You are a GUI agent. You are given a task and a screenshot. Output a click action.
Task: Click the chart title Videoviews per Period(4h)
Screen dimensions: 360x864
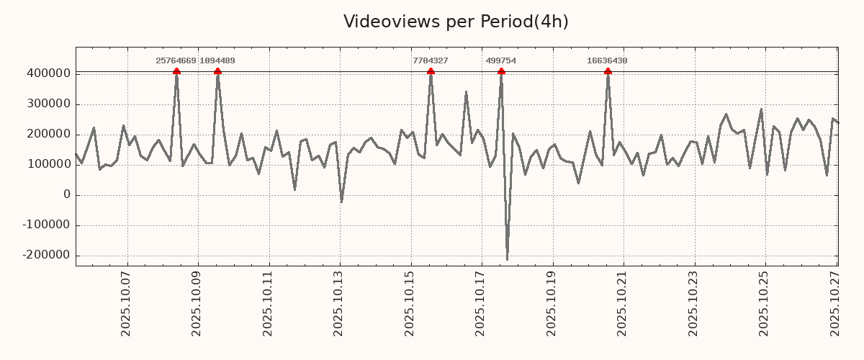(x=456, y=22)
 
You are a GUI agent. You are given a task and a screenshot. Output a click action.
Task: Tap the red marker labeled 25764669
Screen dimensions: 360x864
(x=176, y=71)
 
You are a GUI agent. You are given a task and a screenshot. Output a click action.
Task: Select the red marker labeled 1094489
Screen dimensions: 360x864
(x=217, y=71)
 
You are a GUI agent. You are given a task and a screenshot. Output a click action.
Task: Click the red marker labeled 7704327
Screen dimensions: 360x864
(x=431, y=71)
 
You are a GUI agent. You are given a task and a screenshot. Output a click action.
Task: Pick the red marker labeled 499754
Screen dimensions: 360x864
(x=501, y=71)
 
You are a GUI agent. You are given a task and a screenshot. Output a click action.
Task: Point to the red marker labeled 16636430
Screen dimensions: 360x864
(x=608, y=71)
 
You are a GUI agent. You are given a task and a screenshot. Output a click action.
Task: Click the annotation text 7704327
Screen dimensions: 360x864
(x=431, y=61)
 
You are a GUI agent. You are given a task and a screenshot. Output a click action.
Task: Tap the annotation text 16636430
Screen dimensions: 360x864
(x=607, y=61)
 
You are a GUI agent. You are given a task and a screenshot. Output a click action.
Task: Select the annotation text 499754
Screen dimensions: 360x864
(x=501, y=61)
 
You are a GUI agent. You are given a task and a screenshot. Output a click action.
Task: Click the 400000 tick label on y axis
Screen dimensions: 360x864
(x=48, y=73)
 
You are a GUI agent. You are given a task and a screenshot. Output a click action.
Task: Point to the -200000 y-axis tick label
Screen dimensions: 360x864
(x=45, y=255)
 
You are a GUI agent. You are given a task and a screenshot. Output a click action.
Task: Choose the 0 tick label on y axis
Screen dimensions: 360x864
(x=67, y=194)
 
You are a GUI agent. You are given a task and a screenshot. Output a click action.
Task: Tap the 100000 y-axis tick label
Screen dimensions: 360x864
(x=48, y=164)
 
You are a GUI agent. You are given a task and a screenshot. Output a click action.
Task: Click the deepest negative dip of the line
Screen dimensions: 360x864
(x=507, y=259)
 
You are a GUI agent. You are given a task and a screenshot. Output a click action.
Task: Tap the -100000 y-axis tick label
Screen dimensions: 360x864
(x=45, y=225)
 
